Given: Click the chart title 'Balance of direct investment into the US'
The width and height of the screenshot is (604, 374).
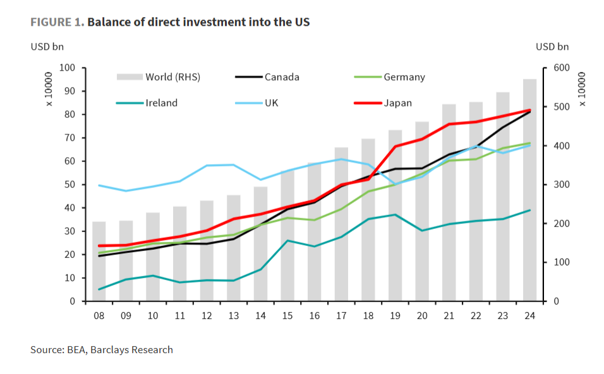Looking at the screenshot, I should click(x=198, y=22).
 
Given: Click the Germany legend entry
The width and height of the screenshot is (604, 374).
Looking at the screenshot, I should click(x=404, y=78).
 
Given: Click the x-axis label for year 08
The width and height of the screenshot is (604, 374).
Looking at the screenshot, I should click(x=99, y=315).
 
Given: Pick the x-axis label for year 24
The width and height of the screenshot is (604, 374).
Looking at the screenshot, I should click(x=529, y=315).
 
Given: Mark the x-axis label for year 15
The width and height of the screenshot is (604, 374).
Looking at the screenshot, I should click(x=287, y=315).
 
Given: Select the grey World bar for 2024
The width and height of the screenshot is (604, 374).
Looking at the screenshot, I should click(x=529, y=189).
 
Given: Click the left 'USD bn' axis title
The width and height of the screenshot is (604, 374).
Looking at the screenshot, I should click(x=47, y=46).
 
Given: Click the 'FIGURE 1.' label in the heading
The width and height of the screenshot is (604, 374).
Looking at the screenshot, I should click(x=57, y=22).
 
